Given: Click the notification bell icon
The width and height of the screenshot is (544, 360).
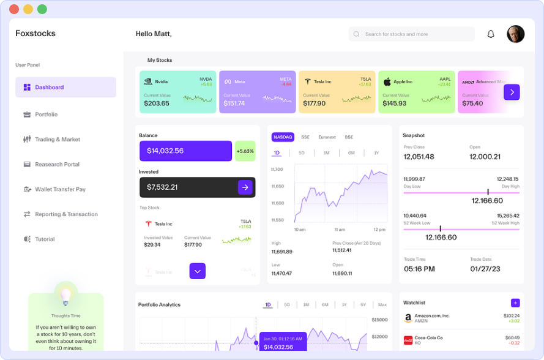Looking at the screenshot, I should tap(491, 34).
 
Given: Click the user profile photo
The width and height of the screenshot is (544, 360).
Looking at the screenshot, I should tap(516, 34).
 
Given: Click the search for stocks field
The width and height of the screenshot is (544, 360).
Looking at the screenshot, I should tap(412, 34).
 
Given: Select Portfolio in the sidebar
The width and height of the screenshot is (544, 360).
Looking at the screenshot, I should tap(46, 114).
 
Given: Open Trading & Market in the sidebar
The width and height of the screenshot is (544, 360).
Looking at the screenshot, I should tap(57, 140).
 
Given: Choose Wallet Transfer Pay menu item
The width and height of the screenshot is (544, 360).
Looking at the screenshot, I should tap(60, 189).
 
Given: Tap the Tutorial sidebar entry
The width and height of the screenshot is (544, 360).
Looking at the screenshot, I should tap(45, 239).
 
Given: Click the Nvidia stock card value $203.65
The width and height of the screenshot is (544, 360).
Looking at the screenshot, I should tap(157, 103).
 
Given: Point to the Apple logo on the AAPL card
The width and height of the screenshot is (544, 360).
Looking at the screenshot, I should tap(387, 81).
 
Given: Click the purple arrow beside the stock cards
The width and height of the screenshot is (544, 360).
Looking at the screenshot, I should tap(512, 92).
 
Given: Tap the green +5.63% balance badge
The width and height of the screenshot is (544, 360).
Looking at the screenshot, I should tap(245, 151).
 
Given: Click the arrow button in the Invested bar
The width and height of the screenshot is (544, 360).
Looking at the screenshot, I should tap(245, 187).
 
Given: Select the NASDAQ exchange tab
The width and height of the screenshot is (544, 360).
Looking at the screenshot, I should tap(283, 137).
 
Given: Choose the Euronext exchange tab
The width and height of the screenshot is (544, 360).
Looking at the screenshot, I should tap(327, 137).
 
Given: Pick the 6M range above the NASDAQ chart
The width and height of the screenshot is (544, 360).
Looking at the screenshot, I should tap(351, 153).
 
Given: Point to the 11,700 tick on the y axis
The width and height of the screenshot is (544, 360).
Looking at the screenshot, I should tap(277, 170).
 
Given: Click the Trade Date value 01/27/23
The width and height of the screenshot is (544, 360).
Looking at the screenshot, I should tap(486, 269).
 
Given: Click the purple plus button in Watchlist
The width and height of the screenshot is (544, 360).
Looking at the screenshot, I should tap(515, 302).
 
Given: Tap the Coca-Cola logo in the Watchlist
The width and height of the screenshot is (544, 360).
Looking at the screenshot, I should tap(408, 340).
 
